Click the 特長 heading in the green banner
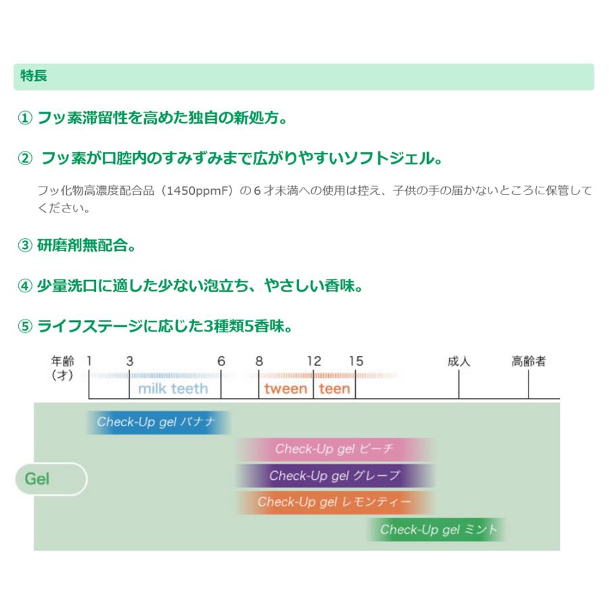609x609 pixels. (34, 76)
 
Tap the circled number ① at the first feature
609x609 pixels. (24, 118)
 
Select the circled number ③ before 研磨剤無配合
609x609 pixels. (24, 246)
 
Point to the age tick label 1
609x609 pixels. (89, 361)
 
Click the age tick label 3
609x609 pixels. (129, 361)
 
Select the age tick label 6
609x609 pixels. (221, 361)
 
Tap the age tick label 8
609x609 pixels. (258, 361)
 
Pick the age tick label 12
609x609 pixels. (313, 361)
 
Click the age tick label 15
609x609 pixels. (355, 361)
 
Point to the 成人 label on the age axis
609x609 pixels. (459, 361)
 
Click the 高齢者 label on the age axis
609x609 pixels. (528, 361)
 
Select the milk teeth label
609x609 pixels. (173, 388)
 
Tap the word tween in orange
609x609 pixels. (286, 388)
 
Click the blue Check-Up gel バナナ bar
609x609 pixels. (158, 422)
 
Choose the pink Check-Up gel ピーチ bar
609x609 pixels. (334, 449)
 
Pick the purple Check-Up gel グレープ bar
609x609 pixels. (334, 476)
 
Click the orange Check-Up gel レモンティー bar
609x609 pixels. (334, 502)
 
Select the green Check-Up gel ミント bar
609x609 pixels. (437, 530)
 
